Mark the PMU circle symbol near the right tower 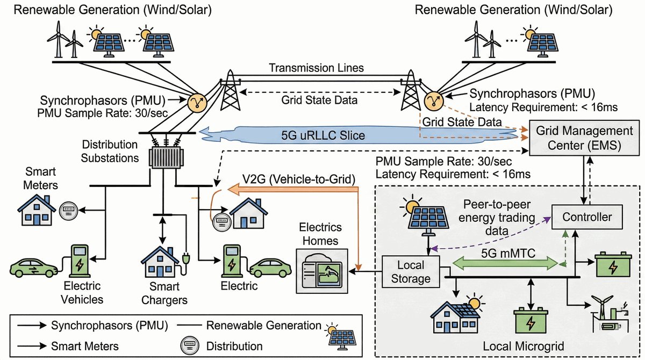432,100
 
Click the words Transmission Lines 317,68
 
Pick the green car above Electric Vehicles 34,267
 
